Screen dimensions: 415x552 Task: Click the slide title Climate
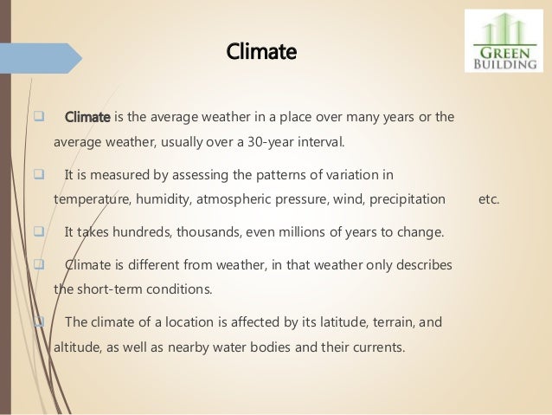pos(260,53)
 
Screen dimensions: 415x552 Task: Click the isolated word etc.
pos(489,200)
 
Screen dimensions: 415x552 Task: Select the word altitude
pos(76,348)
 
